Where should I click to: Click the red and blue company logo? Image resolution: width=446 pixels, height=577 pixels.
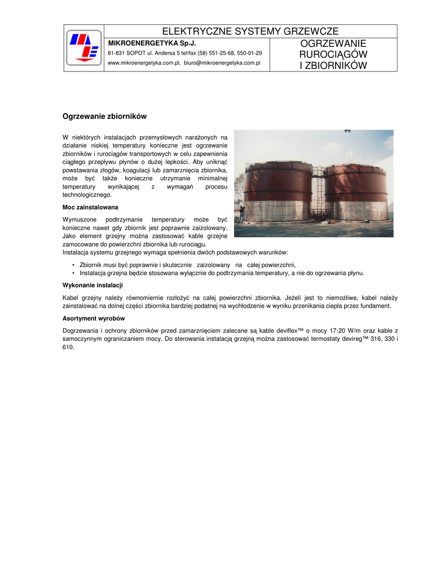83,47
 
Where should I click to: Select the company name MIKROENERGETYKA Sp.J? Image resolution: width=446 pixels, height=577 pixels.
152,43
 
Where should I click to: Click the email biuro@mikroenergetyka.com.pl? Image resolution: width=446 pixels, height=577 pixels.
222,63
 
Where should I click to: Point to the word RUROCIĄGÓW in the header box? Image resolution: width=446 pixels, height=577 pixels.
333,55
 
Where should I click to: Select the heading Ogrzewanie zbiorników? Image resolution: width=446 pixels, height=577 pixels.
104,117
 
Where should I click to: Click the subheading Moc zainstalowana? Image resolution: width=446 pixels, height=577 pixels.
90,207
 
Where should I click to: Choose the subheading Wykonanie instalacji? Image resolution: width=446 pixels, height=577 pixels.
92,285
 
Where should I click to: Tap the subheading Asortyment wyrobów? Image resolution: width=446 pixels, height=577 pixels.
94,318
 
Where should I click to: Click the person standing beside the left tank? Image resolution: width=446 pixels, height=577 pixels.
241,213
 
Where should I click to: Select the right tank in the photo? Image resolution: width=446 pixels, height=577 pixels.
355,192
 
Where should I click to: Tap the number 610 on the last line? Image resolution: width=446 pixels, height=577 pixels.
68,347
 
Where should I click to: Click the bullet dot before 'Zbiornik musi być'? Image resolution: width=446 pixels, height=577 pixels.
74,265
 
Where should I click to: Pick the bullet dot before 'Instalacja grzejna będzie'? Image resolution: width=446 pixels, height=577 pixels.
74,273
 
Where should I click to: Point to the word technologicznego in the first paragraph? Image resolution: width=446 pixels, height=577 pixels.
87,195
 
